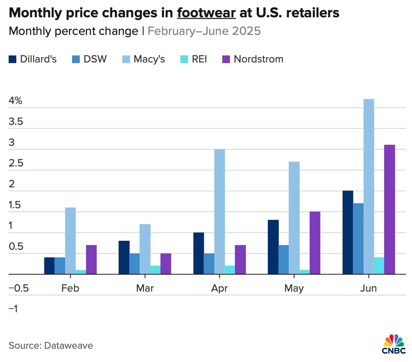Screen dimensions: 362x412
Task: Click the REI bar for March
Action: point(155,270)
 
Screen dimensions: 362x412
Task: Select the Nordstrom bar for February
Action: point(91,259)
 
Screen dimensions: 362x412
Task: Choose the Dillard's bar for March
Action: point(124,257)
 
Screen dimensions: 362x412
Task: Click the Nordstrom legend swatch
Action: point(226,59)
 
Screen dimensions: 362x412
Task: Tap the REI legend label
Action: point(199,59)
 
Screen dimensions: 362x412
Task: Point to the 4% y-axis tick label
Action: point(16,101)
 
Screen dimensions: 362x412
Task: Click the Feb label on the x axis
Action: point(70,288)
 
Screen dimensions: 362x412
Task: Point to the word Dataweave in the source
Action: point(68,346)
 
